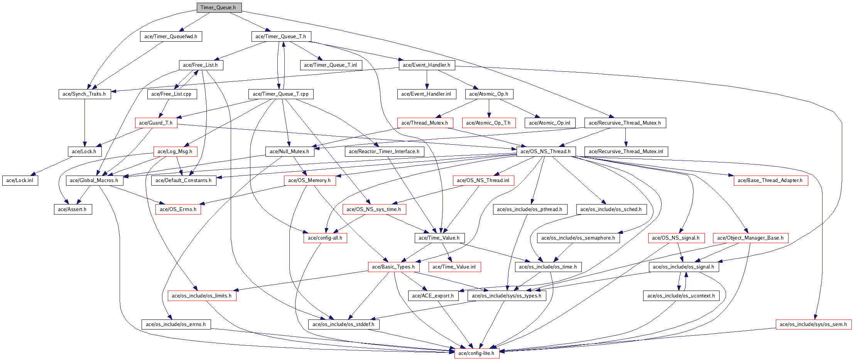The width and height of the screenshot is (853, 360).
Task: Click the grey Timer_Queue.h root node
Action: pos(219,7)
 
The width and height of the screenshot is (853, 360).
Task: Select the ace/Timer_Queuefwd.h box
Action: pos(171,36)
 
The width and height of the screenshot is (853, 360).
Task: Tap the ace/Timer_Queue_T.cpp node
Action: pos(281,94)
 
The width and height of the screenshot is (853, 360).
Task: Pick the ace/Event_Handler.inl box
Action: pos(426,94)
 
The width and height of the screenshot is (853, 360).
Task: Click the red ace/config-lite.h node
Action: pos(476,353)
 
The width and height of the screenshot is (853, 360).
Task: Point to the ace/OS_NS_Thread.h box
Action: pos(546,151)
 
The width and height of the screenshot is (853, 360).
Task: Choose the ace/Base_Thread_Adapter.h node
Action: pos(770,180)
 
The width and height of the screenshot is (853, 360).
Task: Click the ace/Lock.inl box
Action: pos(20,180)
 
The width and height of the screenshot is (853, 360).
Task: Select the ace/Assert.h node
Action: pos(73,209)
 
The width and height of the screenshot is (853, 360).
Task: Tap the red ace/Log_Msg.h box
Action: pos(175,151)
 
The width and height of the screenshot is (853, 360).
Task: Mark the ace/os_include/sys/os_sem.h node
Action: pos(813,324)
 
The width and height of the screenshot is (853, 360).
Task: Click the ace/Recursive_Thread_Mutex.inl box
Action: pos(626,151)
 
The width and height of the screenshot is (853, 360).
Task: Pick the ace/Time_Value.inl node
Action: pos(454,267)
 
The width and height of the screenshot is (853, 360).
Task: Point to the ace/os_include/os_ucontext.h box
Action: pos(681,296)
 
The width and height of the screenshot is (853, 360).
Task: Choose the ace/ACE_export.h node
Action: pos(433,296)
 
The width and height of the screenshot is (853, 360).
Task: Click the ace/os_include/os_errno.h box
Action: pos(176,324)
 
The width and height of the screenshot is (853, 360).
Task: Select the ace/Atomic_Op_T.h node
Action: pos(488,123)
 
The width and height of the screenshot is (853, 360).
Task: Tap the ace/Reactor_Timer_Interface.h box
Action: pos(384,151)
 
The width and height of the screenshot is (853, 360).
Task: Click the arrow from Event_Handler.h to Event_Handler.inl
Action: pos(427,79)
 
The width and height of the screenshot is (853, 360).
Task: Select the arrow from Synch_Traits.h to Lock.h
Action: pos(84,123)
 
